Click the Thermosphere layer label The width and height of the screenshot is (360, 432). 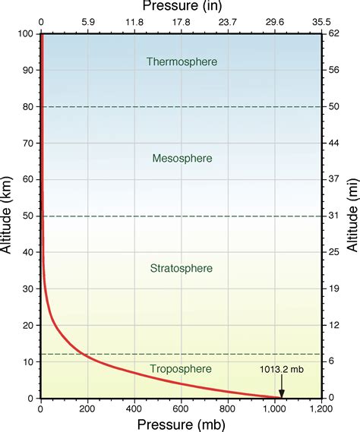[182, 61]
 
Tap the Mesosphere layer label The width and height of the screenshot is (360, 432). [182, 159]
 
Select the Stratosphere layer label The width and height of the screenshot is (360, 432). [182, 269]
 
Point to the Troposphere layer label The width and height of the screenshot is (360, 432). [182, 369]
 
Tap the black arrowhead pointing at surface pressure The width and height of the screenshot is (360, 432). [282, 393]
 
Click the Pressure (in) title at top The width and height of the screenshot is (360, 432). [182, 7]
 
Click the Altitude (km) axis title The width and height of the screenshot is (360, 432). [8, 216]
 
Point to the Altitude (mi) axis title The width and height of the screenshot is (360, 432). [352, 216]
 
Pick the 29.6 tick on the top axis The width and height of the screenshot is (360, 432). [275, 23]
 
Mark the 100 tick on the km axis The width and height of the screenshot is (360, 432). [27, 34]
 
